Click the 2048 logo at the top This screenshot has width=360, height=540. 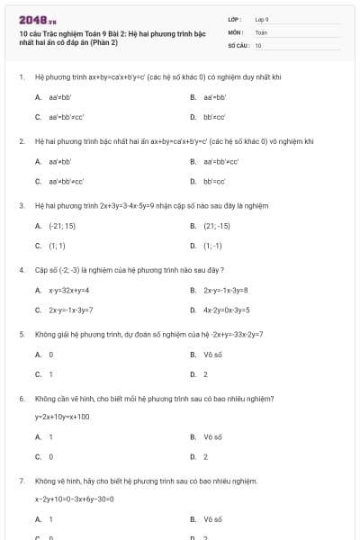click(x=31, y=19)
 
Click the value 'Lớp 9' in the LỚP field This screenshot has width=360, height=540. click(x=262, y=18)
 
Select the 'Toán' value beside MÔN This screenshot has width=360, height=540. click(x=261, y=31)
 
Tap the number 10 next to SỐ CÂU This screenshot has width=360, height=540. click(x=258, y=44)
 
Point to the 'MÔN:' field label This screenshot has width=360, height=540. click(x=237, y=31)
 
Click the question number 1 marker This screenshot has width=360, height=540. click(x=21, y=77)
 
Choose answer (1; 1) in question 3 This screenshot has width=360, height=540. click(x=57, y=245)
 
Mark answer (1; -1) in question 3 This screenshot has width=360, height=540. click(x=212, y=245)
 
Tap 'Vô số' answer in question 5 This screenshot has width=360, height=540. click(x=212, y=354)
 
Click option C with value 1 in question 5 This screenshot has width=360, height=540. click(x=50, y=373)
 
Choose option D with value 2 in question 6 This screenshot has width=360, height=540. click(x=205, y=455)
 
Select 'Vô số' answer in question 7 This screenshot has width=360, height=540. click(x=212, y=519)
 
